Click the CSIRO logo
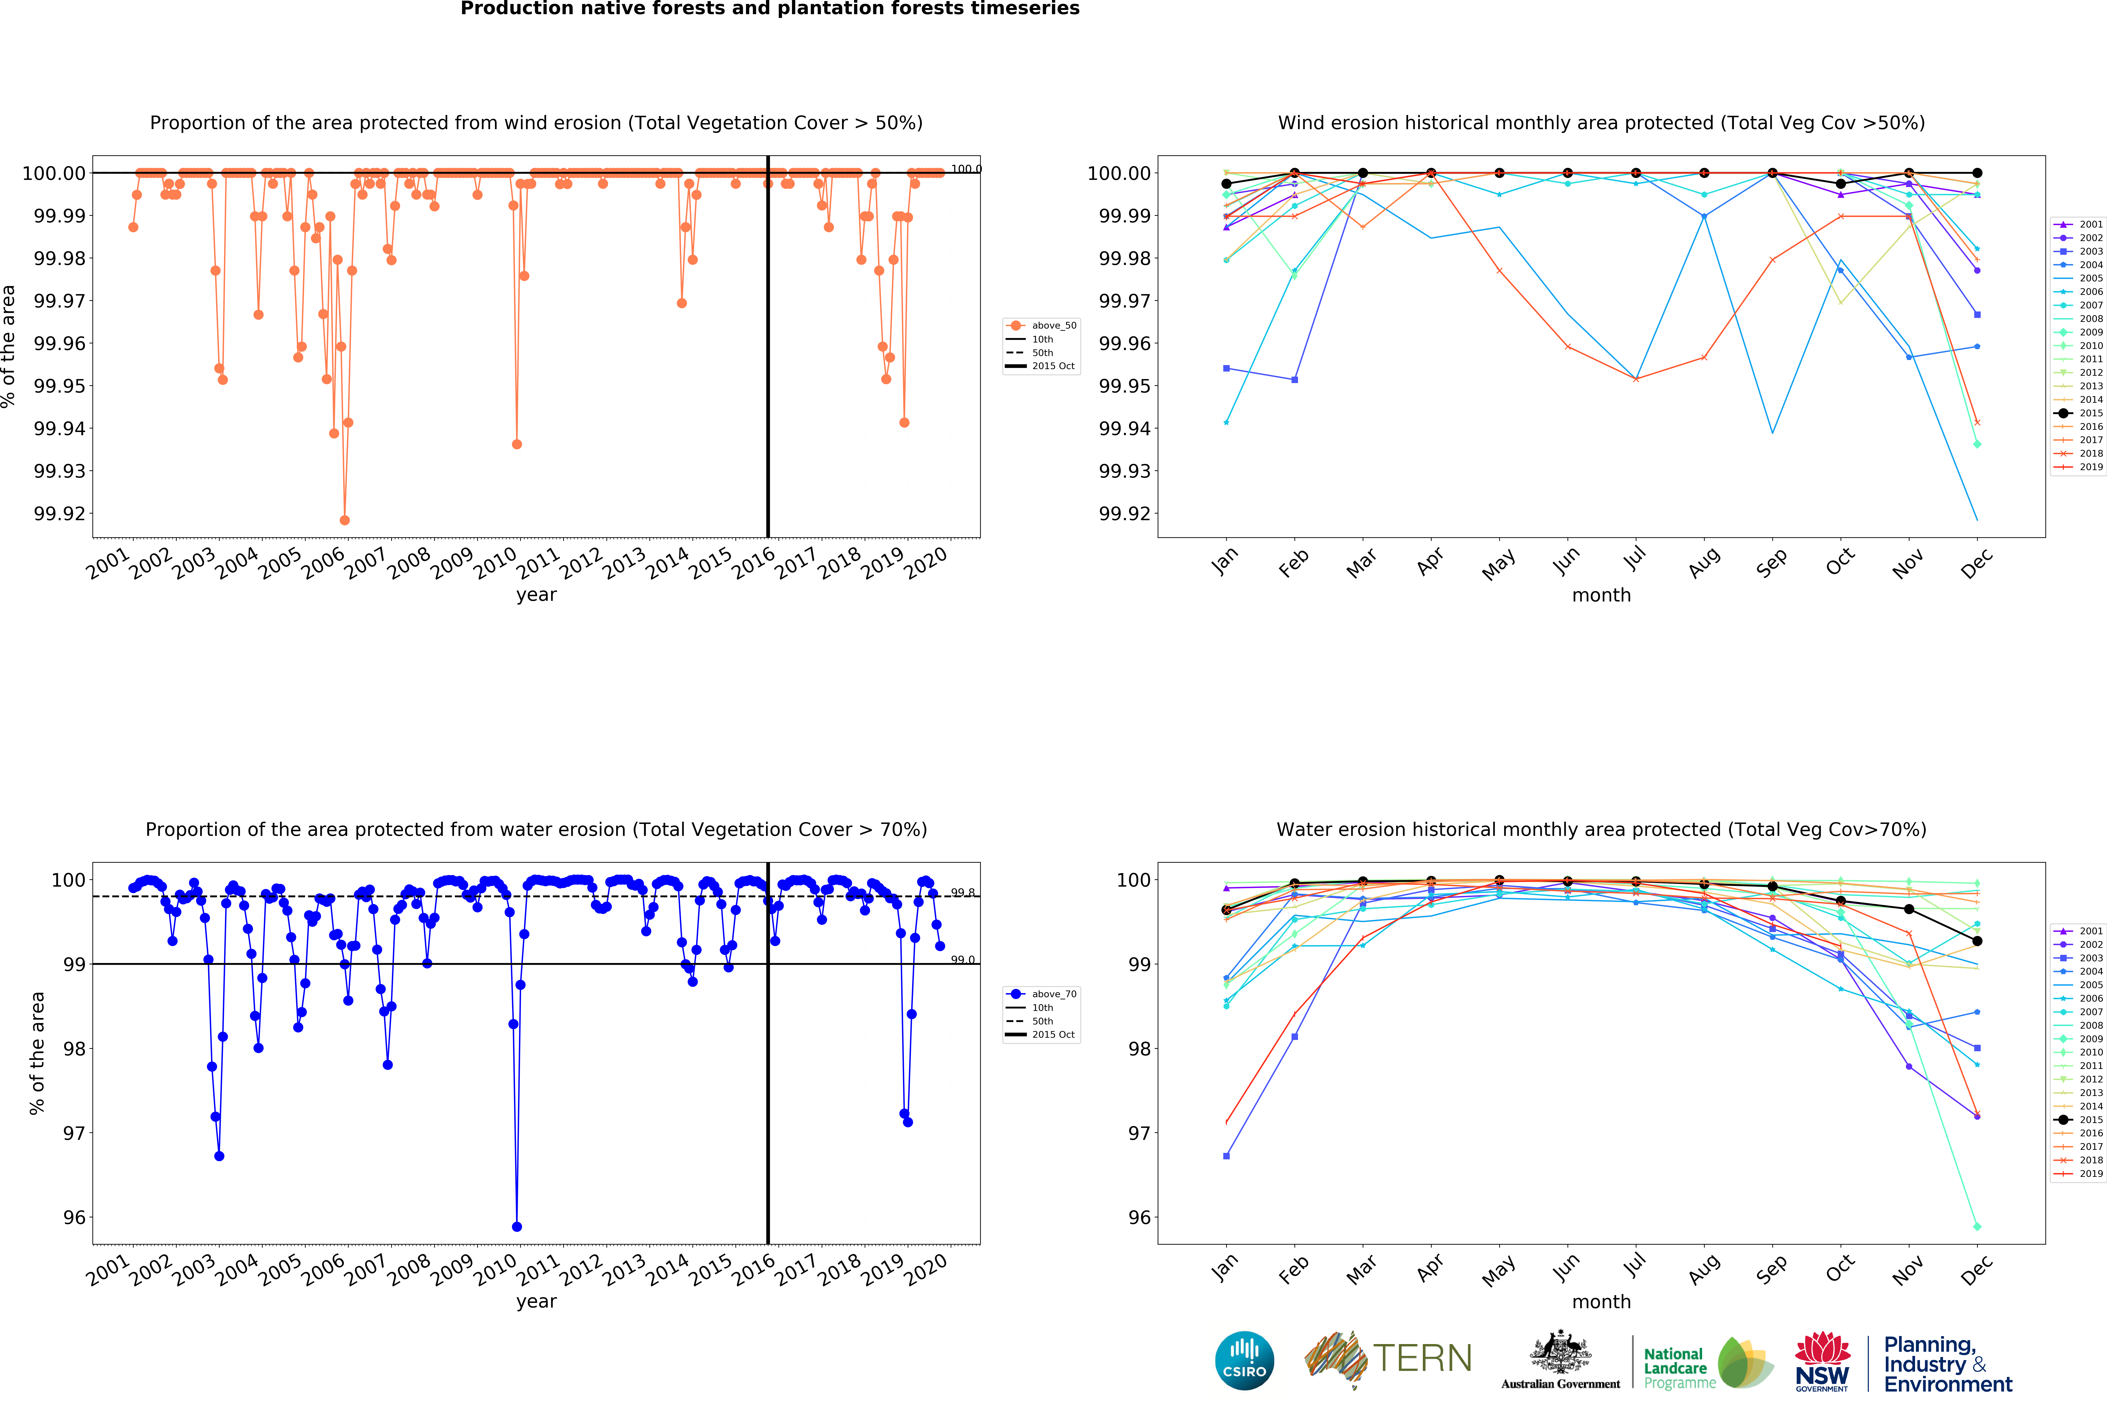point(1244,1360)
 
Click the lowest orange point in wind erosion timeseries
point(344,520)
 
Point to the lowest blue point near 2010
point(516,1226)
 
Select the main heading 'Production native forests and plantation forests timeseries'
point(769,9)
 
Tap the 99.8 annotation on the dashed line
point(962,893)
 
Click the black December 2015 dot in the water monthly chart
point(1977,941)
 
